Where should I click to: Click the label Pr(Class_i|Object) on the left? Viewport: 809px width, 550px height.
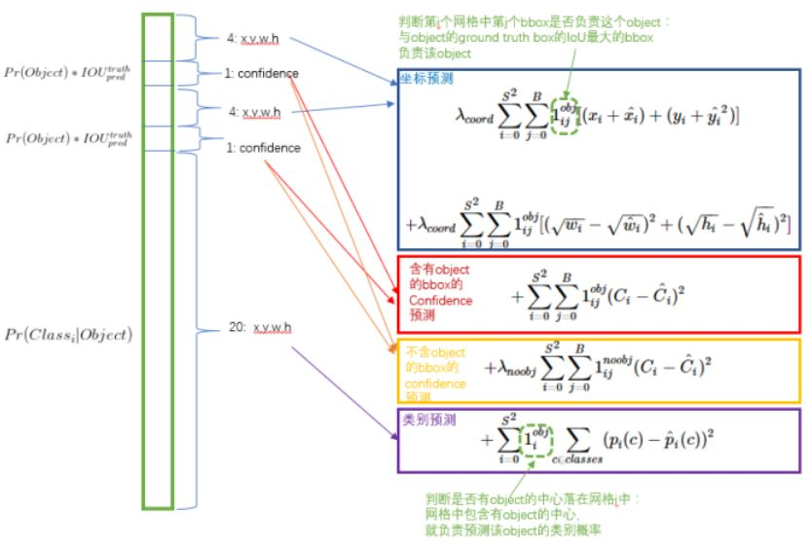[x=67, y=335]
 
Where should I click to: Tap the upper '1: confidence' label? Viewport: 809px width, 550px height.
[x=262, y=74]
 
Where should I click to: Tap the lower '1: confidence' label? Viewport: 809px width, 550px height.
[x=262, y=148]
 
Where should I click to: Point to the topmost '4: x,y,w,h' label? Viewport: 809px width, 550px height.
[x=252, y=38]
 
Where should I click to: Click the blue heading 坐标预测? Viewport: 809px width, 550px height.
[x=425, y=78]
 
